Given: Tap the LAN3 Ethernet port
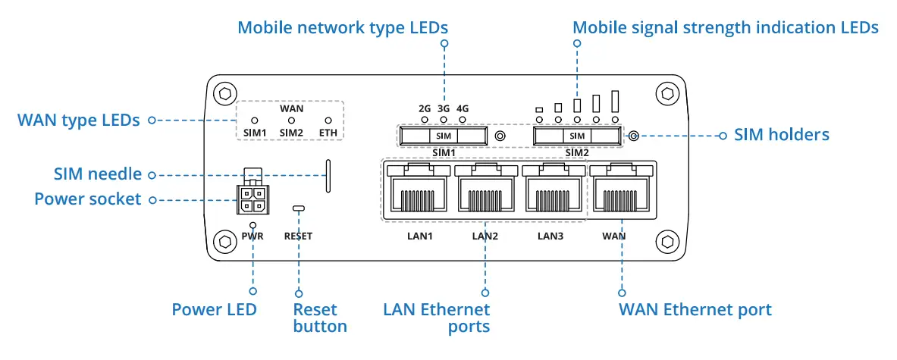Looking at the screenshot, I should (x=552, y=189).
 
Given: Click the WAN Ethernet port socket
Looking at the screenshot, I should (x=621, y=189).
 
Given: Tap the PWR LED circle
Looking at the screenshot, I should (x=252, y=225).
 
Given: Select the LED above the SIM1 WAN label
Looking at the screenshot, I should (x=255, y=121).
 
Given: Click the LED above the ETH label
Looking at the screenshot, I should (x=328, y=121).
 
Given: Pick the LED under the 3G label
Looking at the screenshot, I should (x=444, y=120).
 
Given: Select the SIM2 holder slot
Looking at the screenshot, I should (x=577, y=136).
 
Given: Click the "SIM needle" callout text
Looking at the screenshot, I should (x=98, y=174).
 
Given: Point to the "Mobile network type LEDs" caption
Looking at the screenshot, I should (x=343, y=28).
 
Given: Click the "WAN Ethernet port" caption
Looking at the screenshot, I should (x=695, y=309).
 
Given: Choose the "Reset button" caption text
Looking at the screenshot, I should (x=319, y=318).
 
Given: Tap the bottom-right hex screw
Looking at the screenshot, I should (x=667, y=243).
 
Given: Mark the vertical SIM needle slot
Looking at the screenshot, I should (x=328, y=176).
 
